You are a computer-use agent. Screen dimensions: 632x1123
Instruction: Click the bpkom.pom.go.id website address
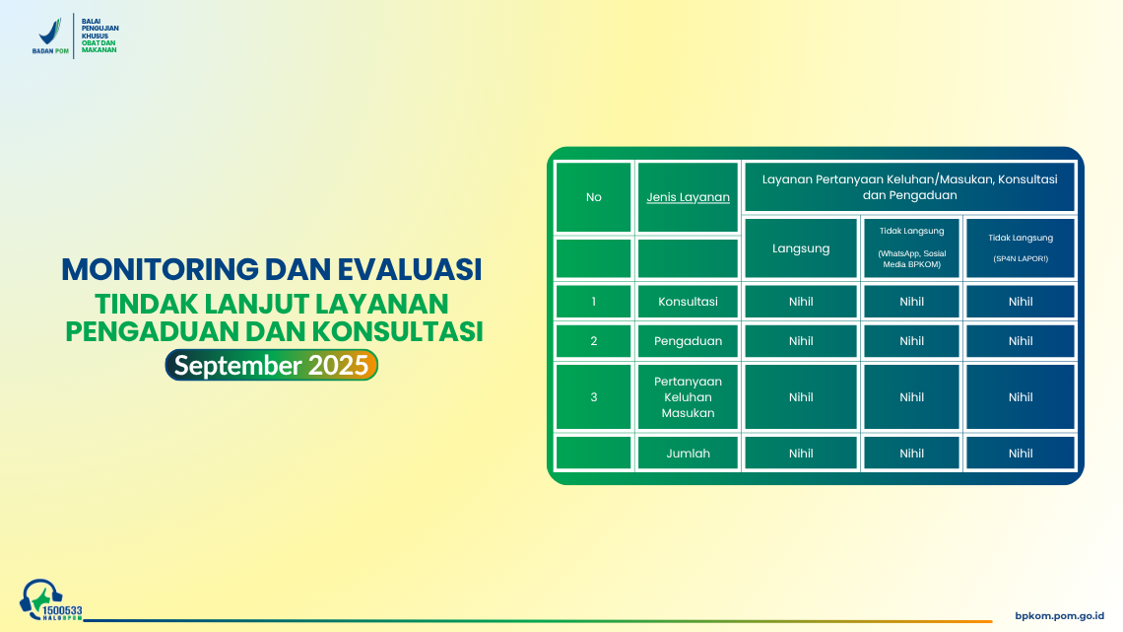(1060, 615)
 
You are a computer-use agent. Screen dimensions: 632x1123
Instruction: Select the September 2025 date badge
(271, 365)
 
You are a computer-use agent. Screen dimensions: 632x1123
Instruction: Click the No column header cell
(593, 197)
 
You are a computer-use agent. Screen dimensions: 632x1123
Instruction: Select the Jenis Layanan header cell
(688, 197)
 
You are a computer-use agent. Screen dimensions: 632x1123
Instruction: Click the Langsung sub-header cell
(801, 248)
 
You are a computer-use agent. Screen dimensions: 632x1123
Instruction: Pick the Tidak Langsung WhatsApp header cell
(911, 248)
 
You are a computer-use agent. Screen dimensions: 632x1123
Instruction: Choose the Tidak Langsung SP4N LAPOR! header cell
(1021, 248)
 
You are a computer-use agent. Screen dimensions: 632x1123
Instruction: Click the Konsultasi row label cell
(688, 302)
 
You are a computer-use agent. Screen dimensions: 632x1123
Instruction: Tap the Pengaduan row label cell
(688, 341)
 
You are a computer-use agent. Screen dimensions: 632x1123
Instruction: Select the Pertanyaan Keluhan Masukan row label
(688, 397)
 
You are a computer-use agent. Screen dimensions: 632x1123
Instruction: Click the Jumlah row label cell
(688, 454)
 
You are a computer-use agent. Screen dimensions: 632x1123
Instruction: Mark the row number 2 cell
(593, 341)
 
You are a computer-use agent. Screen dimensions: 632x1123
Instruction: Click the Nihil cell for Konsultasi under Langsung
(801, 302)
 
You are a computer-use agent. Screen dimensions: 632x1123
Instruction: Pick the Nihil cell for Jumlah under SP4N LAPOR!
(1021, 454)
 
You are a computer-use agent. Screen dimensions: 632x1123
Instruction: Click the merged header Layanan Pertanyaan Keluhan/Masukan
(910, 187)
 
